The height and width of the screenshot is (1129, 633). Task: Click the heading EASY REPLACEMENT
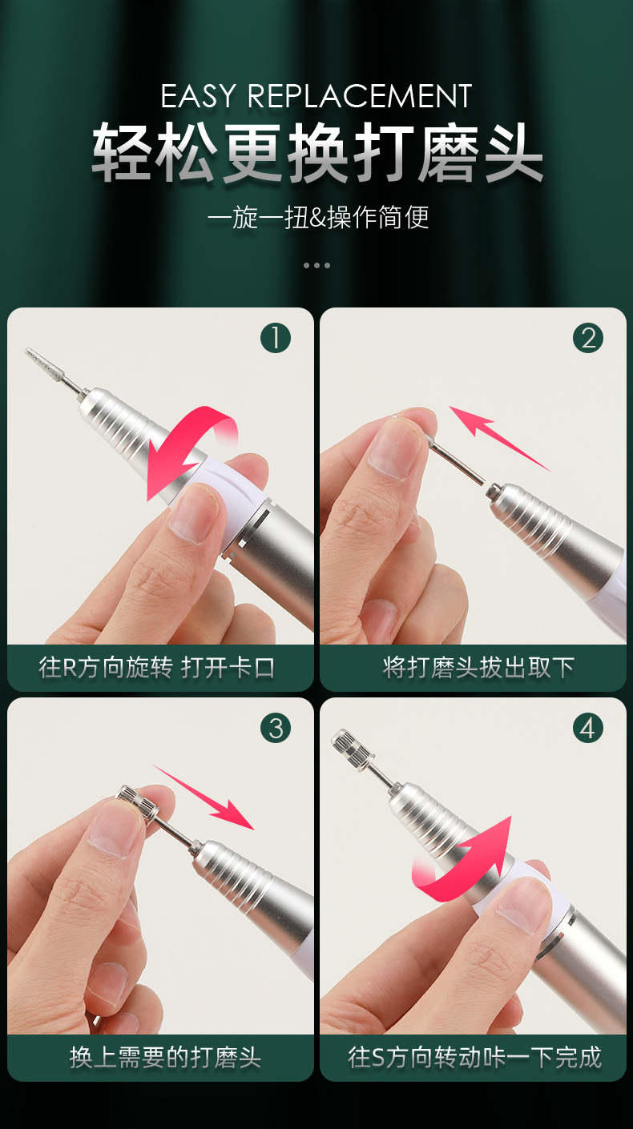pyautogui.click(x=316, y=97)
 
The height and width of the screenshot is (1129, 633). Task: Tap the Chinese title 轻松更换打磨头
pyautogui.click(x=317, y=152)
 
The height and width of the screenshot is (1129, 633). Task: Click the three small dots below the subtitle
pyautogui.click(x=316, y=265)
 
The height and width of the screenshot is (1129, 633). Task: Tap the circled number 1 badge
pyautogui.click(x=276, y=339)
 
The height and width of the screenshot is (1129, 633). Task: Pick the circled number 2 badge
pyautogui.click(x=588, y=339)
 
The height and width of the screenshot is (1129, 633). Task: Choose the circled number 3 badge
pyautogui.click(x=276, y=728)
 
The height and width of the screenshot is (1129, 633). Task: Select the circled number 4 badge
pyautogui.click(x=588, y=728)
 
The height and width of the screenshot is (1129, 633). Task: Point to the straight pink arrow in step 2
pyautogui.click(x=497, y=436)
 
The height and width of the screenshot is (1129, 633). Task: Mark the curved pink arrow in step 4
pyautogui.click(x=465, y=861)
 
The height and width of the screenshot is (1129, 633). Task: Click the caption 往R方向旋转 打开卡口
pyautogui.click(x=158, y=668)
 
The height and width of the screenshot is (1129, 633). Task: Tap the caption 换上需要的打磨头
pyautogui.click(x=165, y=1057)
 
